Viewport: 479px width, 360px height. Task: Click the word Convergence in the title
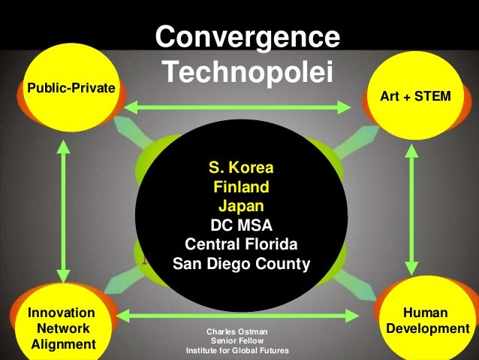(247, 37)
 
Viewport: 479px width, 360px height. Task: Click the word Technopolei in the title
(247, 71)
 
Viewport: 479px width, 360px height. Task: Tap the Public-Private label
(71, 89)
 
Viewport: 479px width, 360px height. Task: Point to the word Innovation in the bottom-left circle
(61, 313)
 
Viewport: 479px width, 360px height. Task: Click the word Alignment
(64, 345)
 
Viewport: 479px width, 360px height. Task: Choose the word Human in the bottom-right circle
(426, 313)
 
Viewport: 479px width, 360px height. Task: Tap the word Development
(426, 329)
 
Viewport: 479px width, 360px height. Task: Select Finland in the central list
(241, 185)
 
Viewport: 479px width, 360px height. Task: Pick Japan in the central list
(241, 204)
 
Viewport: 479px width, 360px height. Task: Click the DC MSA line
(241, 224)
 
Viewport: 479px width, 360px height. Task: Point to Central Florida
(241, 244)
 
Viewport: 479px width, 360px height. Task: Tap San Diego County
(241, 264)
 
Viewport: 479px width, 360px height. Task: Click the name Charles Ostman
(236, 331)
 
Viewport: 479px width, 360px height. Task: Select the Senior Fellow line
(236, 341)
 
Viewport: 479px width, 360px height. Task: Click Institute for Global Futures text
(236, 351)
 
